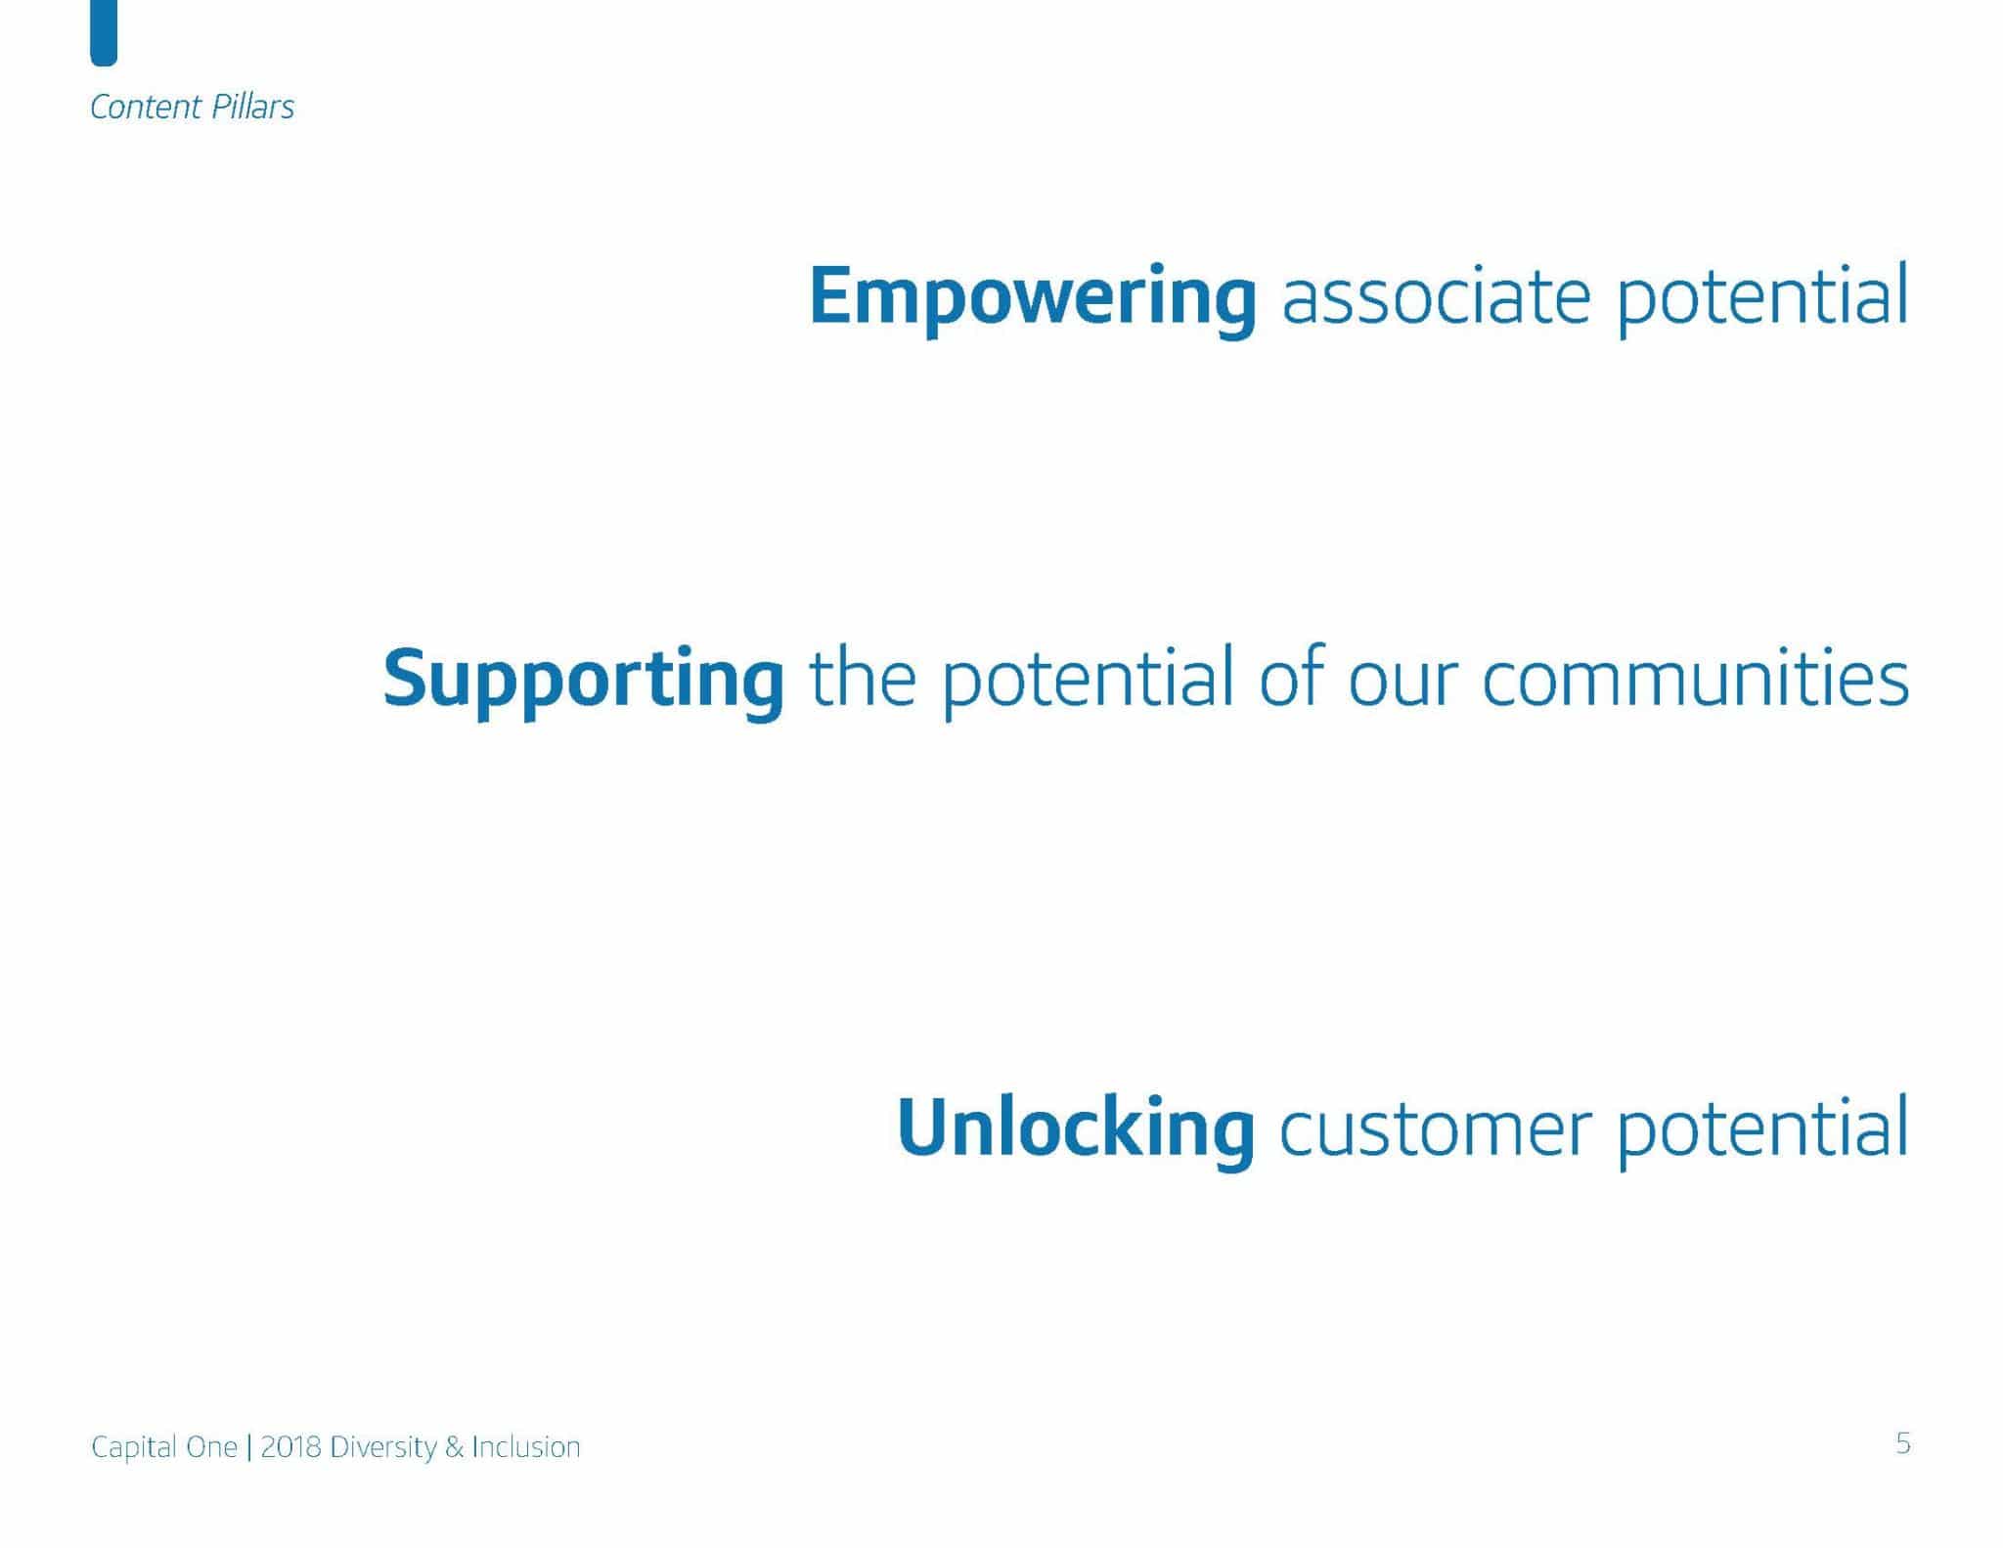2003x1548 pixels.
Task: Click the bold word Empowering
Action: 1033,298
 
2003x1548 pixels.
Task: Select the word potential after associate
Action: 1761,298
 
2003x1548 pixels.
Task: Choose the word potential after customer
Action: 1761,1130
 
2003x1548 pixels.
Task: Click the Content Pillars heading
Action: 192,107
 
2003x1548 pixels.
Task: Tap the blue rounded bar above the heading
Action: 104,31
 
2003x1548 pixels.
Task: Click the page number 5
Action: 1902,1443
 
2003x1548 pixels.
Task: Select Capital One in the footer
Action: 164,1447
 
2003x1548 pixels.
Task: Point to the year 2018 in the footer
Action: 291,1447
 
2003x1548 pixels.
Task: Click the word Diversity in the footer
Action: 383,1448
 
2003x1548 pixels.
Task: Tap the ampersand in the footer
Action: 454,1447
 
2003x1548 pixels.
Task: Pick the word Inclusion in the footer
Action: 526,1447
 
